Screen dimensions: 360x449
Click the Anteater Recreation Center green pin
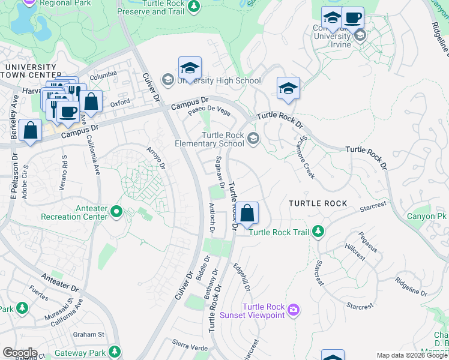point(116,211)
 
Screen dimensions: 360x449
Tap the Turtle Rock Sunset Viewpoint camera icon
point(294,310)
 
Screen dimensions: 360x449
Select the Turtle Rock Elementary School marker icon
point(253,139)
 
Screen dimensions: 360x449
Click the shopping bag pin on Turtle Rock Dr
point(247,213)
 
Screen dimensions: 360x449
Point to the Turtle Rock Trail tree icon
point(318,232)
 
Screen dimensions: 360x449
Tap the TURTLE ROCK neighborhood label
point(318,203)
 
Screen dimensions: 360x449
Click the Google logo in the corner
point(19,353)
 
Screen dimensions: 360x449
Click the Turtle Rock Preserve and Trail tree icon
point(193,7)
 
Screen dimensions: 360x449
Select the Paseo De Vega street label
point(209,111)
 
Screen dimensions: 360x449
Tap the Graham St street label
point(88,334)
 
